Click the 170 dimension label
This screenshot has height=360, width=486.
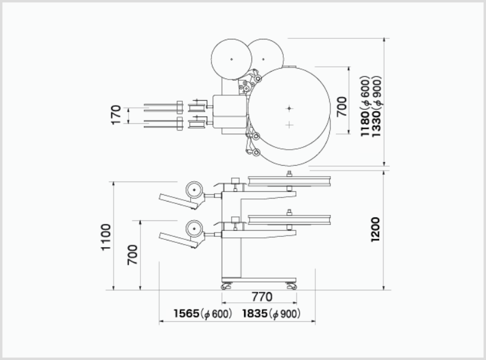(115, 115)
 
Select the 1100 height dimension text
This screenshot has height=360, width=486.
(106, 237)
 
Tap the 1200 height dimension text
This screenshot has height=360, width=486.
(375, 229)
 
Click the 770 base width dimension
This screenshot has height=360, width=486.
(262, 297)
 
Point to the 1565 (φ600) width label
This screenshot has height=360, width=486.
(203, 313)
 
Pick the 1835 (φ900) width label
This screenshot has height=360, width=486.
(272, 313)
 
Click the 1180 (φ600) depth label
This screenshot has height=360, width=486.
(366, 106)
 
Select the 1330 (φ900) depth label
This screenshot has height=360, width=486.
(375, 106)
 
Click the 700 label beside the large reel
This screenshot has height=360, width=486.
(341, 106)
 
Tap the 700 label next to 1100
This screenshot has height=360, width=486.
(132, 254)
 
